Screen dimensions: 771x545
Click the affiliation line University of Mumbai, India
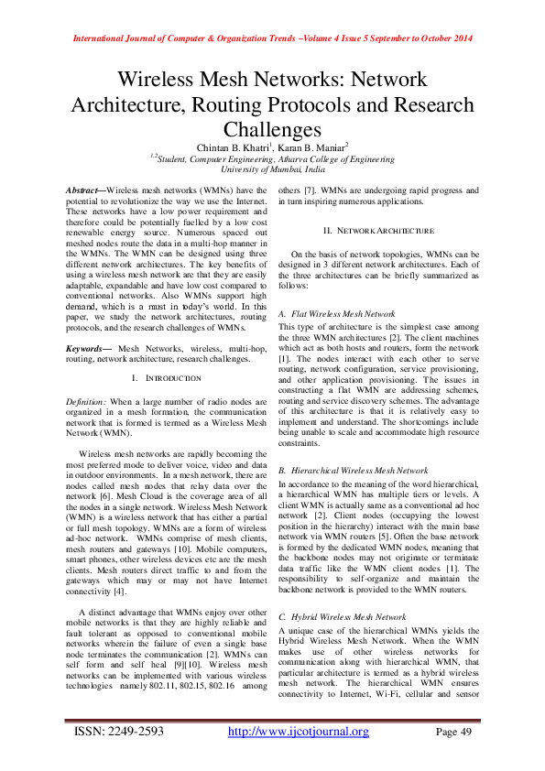click(272, 170)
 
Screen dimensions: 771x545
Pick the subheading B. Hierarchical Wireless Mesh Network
click(348, 469)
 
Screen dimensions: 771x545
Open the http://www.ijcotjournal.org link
click(298, 731)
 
